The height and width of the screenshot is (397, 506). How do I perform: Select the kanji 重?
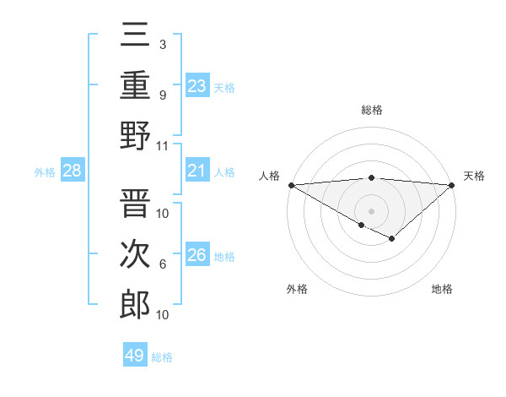(x=135, y=84)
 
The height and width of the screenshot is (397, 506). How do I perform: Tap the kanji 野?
(x=135, y=134)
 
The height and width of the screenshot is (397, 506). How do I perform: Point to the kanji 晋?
(x=135, y=202)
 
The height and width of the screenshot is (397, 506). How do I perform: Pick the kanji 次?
(x=135, y=253)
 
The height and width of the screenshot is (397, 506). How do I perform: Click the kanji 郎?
(x=135, y=304)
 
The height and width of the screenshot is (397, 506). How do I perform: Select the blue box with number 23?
(x=196, y=85)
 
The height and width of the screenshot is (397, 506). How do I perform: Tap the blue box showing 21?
(x=196, y=171)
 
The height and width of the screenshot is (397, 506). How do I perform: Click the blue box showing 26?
(x=196, y=255)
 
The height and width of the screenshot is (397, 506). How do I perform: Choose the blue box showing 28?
(x=72, y=171)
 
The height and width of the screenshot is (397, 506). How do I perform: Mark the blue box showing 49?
(x=134, y=356)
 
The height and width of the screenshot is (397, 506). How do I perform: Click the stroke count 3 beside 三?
(x=162, y=44)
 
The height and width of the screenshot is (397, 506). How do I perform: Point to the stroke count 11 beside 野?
(x=164, y=145)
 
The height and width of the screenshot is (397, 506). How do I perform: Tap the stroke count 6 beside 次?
(x=162, y=264)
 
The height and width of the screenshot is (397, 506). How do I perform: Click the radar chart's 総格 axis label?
(x=371, y=110)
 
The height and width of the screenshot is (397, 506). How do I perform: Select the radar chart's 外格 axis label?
(x=297, y=289)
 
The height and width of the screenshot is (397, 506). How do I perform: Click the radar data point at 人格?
(x=291, y=184)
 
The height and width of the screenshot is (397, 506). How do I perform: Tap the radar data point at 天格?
(x=453, y=185)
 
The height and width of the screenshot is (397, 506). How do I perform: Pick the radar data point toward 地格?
(x=392, y=239)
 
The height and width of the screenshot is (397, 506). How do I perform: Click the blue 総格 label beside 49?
(x=162, y=357)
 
